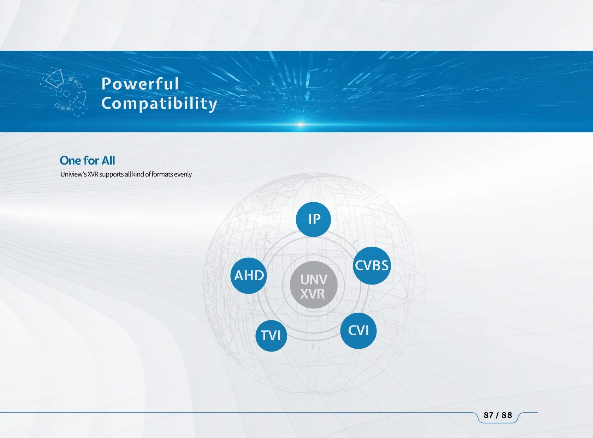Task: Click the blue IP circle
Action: [x=313, y=220]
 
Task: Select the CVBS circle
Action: [x=372, y=265]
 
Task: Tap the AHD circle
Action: [x=249, y=276]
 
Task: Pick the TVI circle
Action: [x=271, y=335]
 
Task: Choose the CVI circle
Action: [x=358, y=331]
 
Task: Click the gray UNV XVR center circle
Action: [x=313, y=285]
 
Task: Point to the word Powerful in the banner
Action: [x=140, y=84]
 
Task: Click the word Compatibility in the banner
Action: [x=159, y=104]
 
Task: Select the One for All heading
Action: [x=88, y=161]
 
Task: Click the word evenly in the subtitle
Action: [x=183, y=174]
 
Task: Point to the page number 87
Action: [x=488, y=415]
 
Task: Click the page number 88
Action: [x=507, y=415]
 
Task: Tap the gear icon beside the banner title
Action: [x=64, y=93]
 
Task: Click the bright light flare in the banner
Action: [x=301, y=124]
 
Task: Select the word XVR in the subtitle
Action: [x=93, y=174]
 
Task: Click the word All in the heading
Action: [x=108, y=161]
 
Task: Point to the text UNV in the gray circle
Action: [x=314, y=280]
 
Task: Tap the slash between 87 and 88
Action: [x=498, y=415]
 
